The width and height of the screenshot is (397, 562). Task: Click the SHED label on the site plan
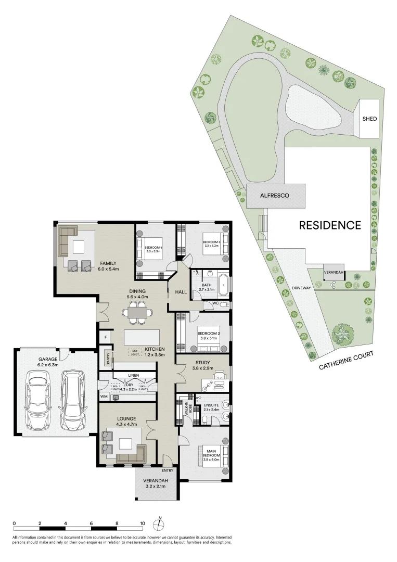pos(369,119)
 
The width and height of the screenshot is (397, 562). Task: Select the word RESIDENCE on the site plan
pos(329,225)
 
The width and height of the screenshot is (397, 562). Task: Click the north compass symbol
pos(161,524)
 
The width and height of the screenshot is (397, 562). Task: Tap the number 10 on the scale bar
pos(142,523)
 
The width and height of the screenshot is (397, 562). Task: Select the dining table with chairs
pos(138,313)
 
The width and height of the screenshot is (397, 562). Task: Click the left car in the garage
pos(36,400)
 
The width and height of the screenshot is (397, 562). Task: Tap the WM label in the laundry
pos(104,397)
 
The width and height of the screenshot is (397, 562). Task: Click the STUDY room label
pos(202,363)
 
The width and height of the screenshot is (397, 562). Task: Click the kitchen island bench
pos(142,337)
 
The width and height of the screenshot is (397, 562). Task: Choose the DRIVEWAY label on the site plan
pos(301,287)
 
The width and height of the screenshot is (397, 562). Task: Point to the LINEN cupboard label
pos(133,375)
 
